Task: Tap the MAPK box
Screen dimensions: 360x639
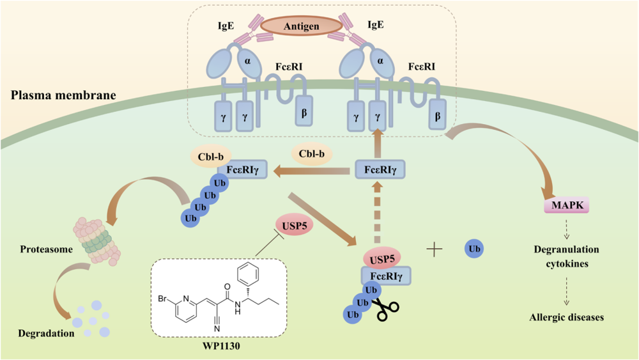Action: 566,205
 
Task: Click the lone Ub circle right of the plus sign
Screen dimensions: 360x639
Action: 474,248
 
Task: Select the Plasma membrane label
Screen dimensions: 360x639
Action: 63,96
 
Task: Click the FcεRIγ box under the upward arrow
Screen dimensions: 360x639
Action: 381,171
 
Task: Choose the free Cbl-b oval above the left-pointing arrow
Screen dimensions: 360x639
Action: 312,153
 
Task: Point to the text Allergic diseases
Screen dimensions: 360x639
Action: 566,317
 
